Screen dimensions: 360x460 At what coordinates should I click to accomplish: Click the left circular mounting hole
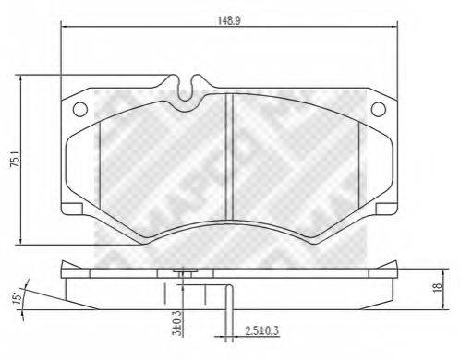(x=80, y=109)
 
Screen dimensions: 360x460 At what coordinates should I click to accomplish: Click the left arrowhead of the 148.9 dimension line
(x=64, y=28)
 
